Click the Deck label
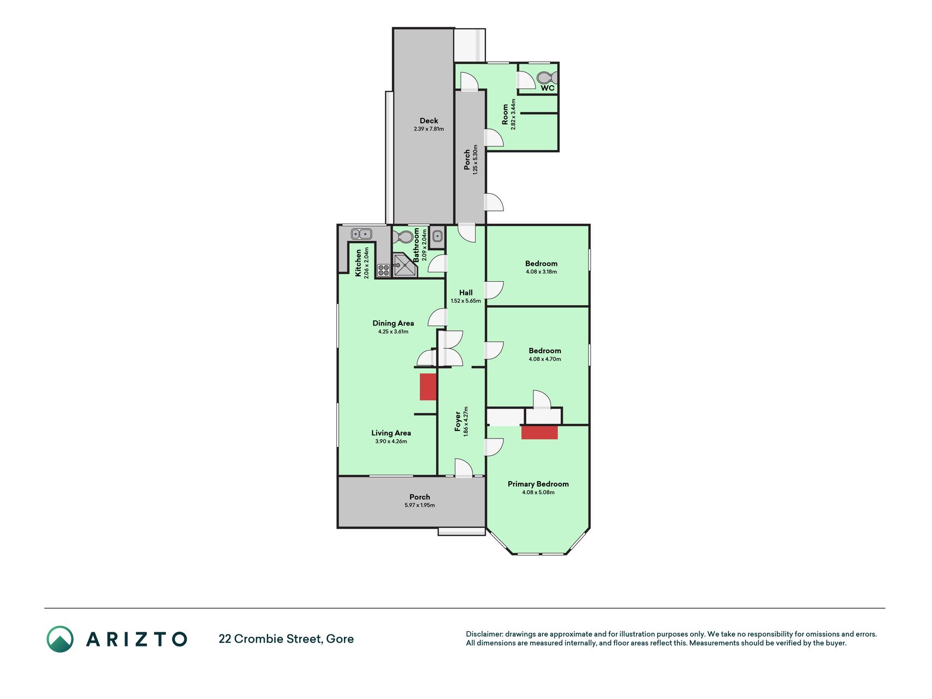click(429, 121)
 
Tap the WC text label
click(548, 88)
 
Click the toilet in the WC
click(547, 77)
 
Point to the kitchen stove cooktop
click(383, 269)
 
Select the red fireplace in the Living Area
click(428, 387)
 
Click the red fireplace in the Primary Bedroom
click(539, 433)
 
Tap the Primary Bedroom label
click(538, 484)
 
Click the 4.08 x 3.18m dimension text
click(541, 271)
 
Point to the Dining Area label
click(393, 323)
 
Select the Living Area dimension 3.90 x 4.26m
click(391, 441)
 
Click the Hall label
click(466, 293)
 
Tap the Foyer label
click(458, 422)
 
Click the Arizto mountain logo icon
click(60, 639)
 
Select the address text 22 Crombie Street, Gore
click(286, 639)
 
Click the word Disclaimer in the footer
click(484, 634)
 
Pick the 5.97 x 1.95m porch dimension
click(419, 505)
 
